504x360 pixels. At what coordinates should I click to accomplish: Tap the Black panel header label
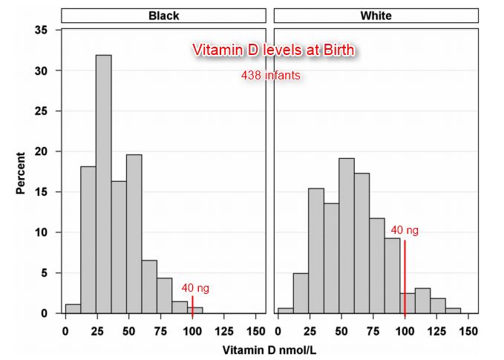(163, 15)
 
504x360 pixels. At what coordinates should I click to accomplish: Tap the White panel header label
(376, 15)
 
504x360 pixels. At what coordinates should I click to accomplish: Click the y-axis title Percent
(22, 172)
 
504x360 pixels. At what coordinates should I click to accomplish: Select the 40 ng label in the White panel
(405, 230)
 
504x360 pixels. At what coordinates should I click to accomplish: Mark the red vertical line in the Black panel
(192, 304)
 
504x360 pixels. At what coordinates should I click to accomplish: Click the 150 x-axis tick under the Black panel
(255, 327)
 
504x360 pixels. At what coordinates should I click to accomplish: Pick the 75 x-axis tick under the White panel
(373, 327)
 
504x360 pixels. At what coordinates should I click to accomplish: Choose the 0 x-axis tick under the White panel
(278, 327)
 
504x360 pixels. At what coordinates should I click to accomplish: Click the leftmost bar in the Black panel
(73, 309)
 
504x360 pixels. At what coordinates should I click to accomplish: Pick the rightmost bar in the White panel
(453, 310)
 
